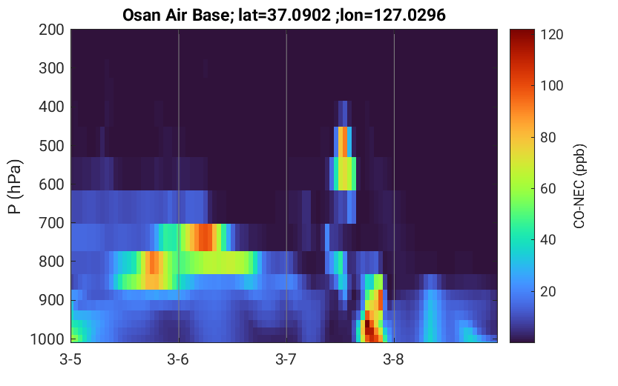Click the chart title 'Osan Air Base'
click(x=176, y=16)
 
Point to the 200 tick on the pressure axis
click(x=51, y=30)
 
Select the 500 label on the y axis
click(x=51, y=146)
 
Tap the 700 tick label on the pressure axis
click(x=51, y=223)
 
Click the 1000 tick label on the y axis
click(x=47, y=339)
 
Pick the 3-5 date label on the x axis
click(x=70, y=359)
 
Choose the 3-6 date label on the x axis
click(x=178, y=359)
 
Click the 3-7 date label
click(x=286, y=359)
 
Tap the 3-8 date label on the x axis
click(x=394, y=359)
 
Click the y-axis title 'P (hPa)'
click(x=15, y=187)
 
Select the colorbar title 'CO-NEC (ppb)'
click(x=579, y=186)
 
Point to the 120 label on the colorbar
click(x=552, y=35)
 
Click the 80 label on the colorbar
click(x=548, y=138)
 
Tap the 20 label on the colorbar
click(x=548, y=292)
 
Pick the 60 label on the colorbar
click(x=548, y=189)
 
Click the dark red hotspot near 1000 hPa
click(x=369, y=327)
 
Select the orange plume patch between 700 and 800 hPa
click(x=205, y=237)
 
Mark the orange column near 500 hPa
click(x=343, y=142)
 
